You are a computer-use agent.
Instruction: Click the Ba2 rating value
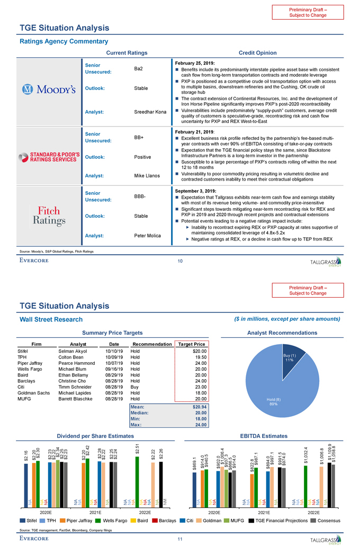click(139, 68)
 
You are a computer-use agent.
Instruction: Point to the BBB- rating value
click(140, 196)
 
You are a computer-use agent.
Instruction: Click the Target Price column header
click(192, 344)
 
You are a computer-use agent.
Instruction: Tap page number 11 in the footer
click(180, 539)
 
